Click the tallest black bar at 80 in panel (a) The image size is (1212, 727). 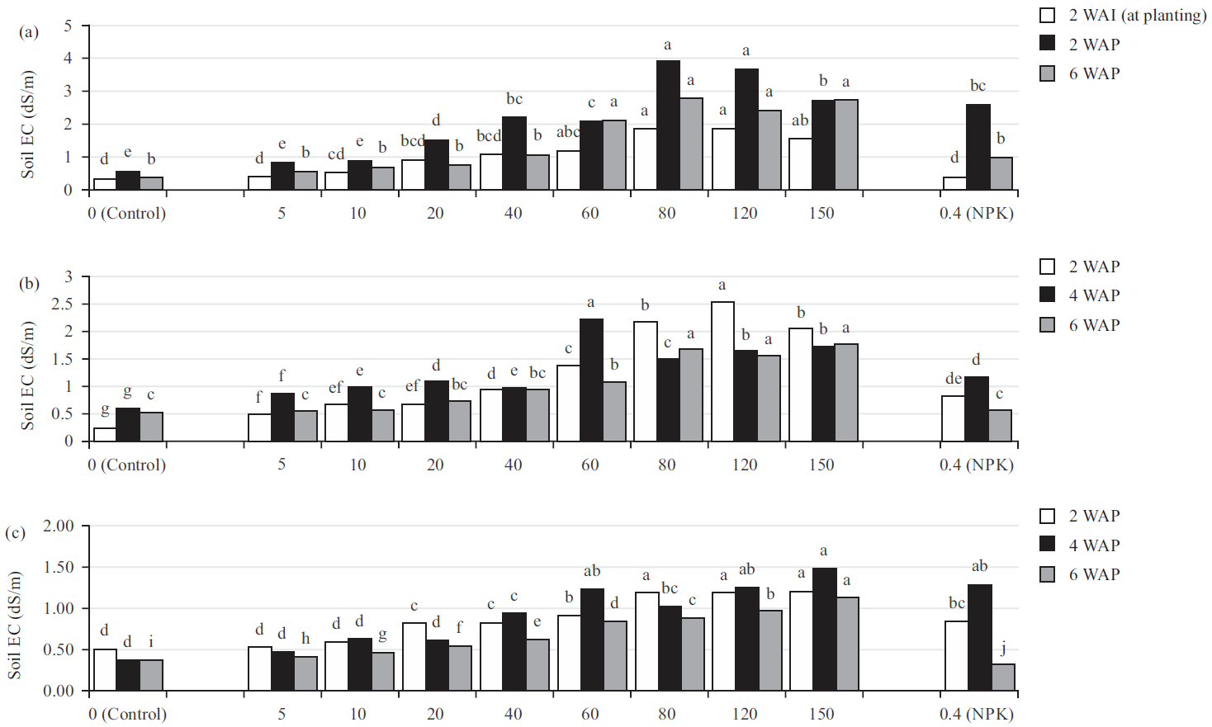[668, 125]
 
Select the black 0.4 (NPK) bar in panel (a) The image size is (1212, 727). [978, 147]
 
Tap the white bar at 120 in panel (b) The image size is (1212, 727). [722, 371]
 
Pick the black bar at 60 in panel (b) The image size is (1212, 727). [591, 380]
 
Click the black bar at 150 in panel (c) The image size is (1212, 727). [824, 629]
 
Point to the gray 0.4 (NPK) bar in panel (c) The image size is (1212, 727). [1002, 677]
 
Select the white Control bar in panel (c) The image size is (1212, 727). [105, 669]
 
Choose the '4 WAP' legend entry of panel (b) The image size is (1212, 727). [1094, 295]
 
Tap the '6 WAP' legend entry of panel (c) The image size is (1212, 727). [1094, 574]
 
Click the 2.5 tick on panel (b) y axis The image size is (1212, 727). [62, 304]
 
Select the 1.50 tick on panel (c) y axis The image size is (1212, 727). [59, 567]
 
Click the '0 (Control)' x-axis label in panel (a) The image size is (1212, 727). [127, 213]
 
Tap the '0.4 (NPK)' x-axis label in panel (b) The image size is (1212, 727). [977, 465]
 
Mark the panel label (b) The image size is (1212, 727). [29, 283]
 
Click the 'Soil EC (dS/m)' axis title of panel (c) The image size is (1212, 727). [14, 625]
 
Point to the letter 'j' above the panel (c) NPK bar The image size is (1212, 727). [1003, 648]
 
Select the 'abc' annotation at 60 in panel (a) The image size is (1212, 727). [568, 132]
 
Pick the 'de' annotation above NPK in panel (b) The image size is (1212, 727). [954, 378]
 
